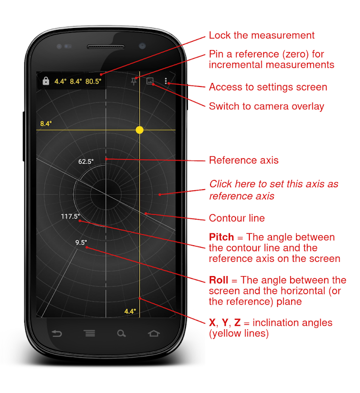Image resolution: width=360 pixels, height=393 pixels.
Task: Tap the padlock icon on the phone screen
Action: coord(46,81)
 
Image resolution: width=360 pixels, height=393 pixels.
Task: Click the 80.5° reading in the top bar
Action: coord(93,82)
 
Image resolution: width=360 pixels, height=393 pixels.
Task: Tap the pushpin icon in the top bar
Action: coord(134,81)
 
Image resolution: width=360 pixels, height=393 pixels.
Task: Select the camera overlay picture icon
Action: coord(150,81)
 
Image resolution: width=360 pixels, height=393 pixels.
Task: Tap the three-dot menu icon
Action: coord(166,81)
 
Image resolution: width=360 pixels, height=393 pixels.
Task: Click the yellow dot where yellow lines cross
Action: coord(140,130)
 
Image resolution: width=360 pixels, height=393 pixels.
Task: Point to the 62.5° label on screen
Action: coord(86,162)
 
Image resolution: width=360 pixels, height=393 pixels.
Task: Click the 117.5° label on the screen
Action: coord(70,216)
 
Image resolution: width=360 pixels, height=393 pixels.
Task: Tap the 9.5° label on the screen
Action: coord(81,242)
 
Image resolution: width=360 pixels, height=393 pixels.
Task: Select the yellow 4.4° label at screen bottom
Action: coord(130,311)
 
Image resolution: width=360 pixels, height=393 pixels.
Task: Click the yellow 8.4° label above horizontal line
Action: coord(46,124)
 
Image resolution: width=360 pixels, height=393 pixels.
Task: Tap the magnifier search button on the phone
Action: coord(121,334)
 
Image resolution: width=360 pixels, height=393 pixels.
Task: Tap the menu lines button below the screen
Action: coord(90,334)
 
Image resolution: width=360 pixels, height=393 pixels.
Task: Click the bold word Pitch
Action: coord(221,237)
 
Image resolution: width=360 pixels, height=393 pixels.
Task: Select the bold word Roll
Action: coord(218,280)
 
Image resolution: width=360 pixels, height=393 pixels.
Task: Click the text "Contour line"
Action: coord(237,218)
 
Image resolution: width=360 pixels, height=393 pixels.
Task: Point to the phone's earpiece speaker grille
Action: coord(106,47)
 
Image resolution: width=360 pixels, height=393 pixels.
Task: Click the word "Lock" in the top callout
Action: coord(220,35)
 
